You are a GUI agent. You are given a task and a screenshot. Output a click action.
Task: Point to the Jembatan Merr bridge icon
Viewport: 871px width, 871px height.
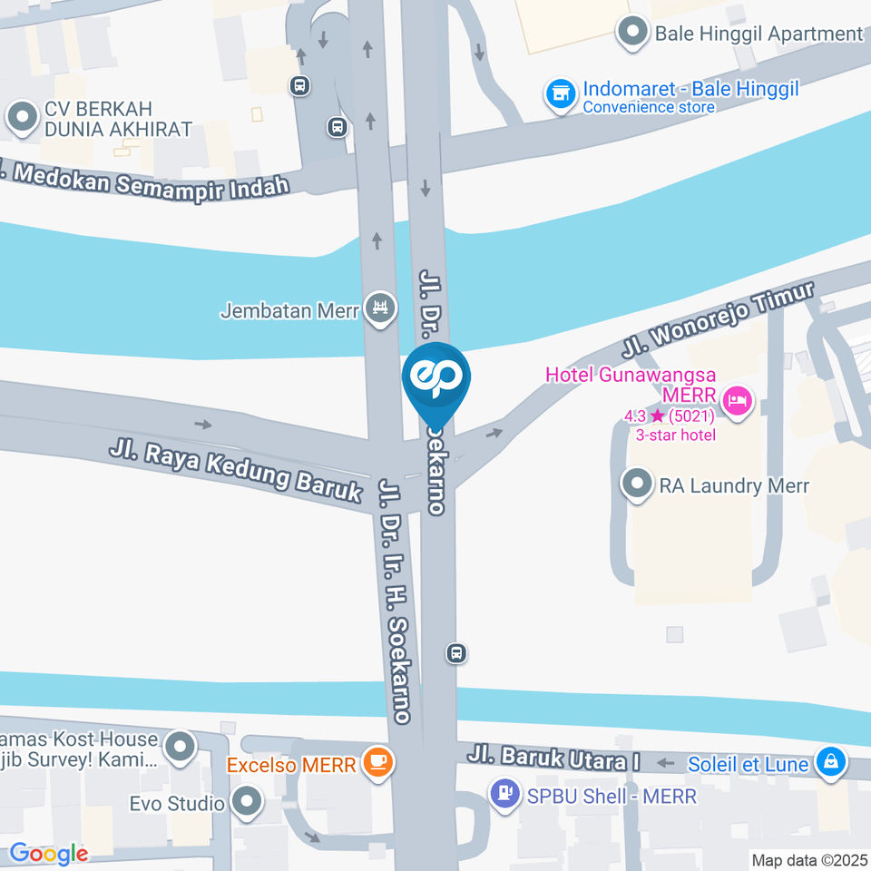coord(380,309)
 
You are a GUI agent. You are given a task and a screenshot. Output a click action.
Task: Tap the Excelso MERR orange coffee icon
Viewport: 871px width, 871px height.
coord(377,763)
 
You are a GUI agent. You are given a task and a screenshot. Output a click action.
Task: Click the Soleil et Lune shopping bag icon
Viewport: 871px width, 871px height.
coord(830,763)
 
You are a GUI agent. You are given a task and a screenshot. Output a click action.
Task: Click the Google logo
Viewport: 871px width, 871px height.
coord(48,854)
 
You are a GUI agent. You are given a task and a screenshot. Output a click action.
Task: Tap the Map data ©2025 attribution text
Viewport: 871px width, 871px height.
coord(808,859)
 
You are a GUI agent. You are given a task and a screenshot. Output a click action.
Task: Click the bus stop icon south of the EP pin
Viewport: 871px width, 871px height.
coord(456,652)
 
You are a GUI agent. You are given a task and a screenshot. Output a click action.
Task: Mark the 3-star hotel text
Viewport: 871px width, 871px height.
coord(675,435)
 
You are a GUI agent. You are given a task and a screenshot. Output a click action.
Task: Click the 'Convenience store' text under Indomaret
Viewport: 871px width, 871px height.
coord(649,107)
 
